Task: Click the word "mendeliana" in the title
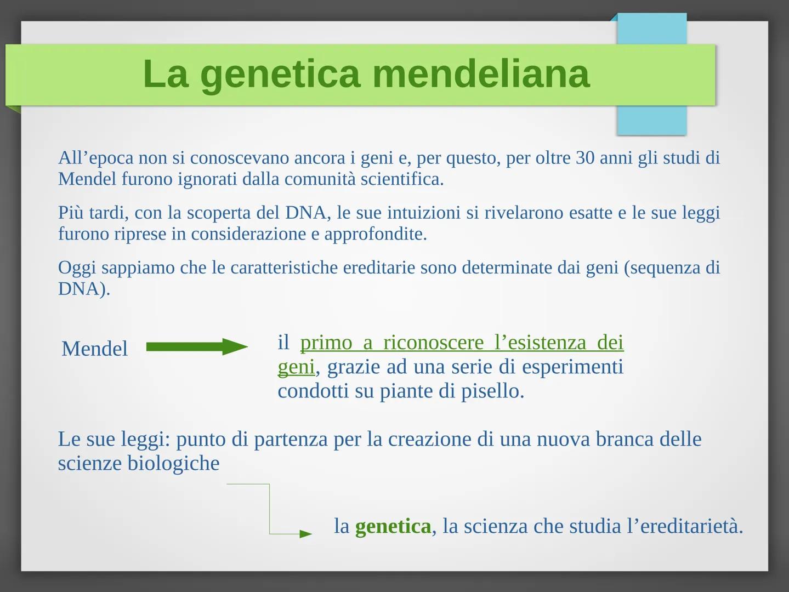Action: [x=481, y=73]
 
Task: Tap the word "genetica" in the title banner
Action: [x=280, y=76]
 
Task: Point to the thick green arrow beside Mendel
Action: [x=197, y=346]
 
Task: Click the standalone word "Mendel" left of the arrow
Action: [x=94, y=348]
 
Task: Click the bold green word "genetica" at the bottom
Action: [x=393, y=526]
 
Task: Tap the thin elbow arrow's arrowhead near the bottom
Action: [x=305, y=534]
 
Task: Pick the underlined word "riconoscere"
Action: [x=433, y=342]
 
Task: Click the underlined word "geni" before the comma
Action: [x=296, y=367]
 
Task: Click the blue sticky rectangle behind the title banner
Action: [x=652, y=74]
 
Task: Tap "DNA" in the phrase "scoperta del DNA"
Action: [x=305, y=213]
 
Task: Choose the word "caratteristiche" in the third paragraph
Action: [x=284, y=267]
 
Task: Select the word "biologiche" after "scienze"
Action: [x=174, y=463]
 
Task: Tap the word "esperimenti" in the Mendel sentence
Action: [x=572, y=367]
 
